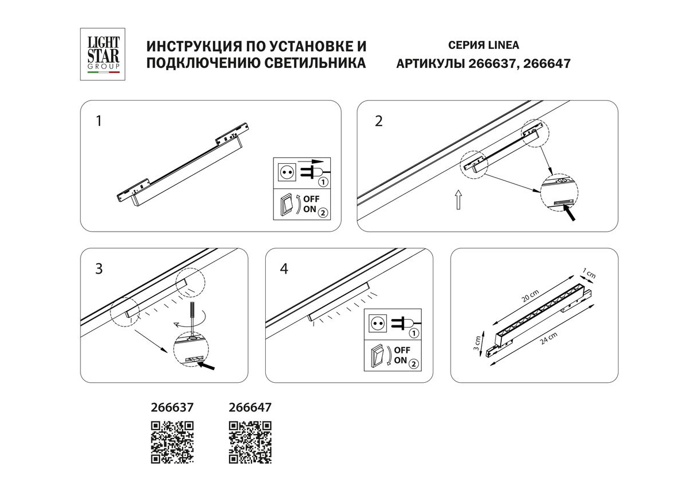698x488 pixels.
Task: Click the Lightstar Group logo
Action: (x=102, y=54)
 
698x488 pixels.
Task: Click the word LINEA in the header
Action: (x=504, y=45)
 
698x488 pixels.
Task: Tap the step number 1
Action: (x=99, y=121)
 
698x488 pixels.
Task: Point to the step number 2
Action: (x=379, y=121)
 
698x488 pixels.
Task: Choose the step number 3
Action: (x=99, y=268)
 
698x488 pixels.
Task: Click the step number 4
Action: (x=284, y=268)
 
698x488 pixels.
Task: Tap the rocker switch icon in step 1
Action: (x=287, y=205)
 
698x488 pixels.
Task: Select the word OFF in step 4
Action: (x=402, y=350)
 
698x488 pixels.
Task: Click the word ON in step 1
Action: (x=310, y=209)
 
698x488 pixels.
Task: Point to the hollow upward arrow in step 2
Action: (x=459, y=199)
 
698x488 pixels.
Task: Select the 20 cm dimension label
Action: (x=530, y=295)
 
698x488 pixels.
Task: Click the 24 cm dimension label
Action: (x=548, y=338)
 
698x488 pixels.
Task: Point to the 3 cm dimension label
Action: (x=476, y=343)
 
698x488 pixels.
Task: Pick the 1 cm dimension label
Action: (x=589, y=274)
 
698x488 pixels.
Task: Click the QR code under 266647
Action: (x=250, y=442)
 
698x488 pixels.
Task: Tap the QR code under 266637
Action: (x=172, y=442)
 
